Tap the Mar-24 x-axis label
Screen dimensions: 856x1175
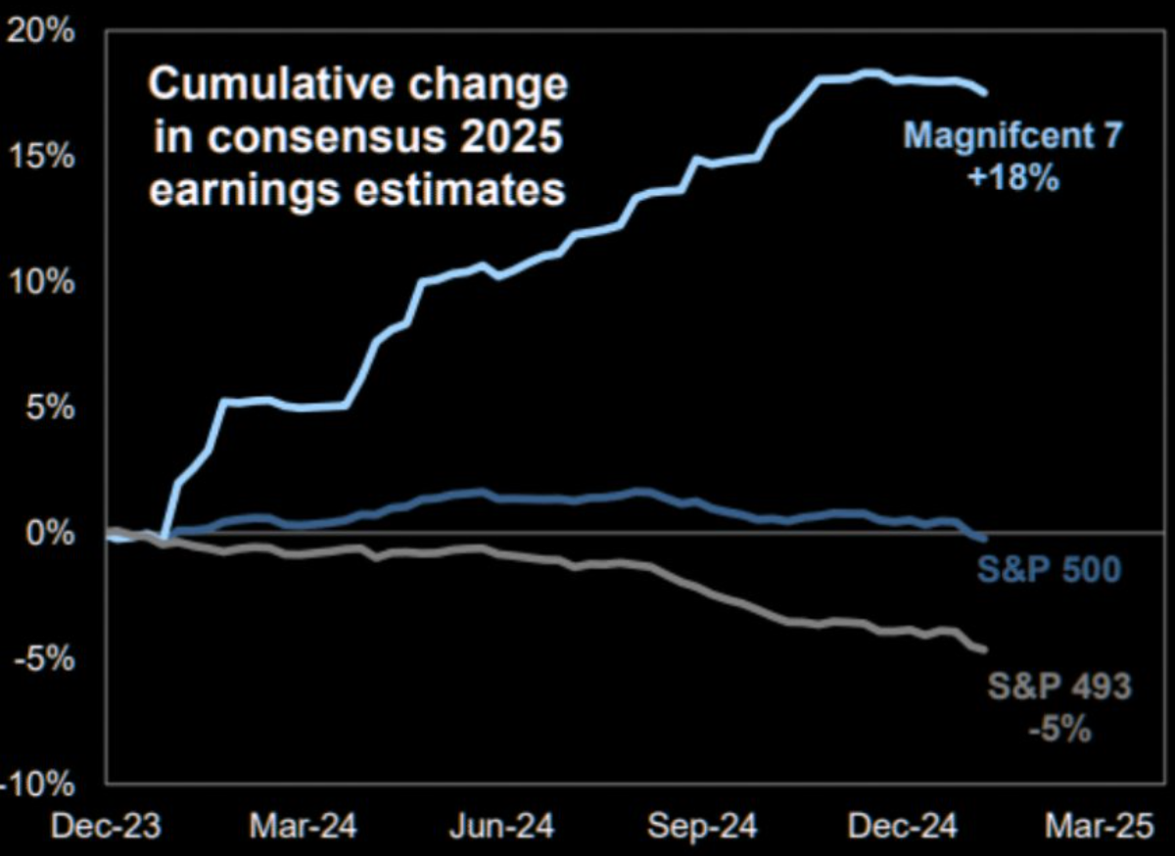click(x=304, y=827)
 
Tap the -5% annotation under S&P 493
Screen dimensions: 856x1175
click(x=1060, y=729)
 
